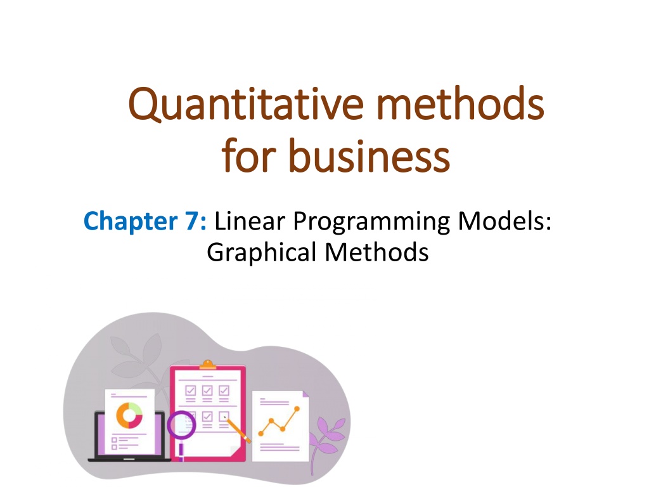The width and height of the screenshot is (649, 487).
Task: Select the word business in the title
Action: [x=369, y=155]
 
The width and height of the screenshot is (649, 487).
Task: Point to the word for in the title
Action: [x=248, y=155]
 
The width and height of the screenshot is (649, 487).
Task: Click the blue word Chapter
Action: [x=131, y=221]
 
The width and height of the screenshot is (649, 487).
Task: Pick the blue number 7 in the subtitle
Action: [x=192, y=221]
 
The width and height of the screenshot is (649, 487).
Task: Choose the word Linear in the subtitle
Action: [x=250, y=221]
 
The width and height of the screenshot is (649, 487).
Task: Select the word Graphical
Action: [x=262, y=253]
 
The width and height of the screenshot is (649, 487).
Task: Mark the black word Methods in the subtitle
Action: [x=376, y=252]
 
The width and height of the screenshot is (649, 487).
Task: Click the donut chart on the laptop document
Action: [x=129, y=415]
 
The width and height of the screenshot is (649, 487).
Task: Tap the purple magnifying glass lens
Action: [x=181, y=425]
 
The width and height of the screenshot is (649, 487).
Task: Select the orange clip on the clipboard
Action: [x=207, y=365]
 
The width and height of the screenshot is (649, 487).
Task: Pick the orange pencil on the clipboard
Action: [x=238, y=431]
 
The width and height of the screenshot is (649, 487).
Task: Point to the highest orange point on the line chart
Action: [x=297, y=409]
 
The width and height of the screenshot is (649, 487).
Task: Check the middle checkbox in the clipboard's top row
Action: [x=207, y=391]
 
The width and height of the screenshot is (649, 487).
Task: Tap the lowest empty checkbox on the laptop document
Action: [x=114, y=447]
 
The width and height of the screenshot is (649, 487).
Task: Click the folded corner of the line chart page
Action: [x=306, y=394]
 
